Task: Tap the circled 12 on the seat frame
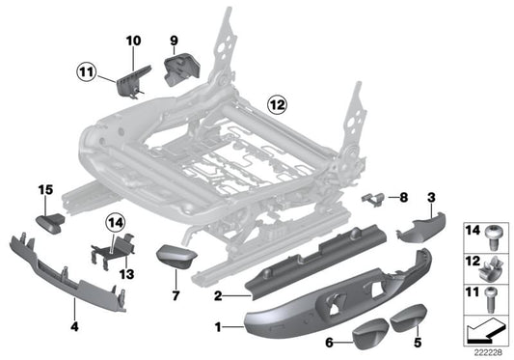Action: click(278, 101)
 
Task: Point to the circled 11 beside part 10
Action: click(88, 70)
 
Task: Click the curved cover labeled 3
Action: click(420, 227)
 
